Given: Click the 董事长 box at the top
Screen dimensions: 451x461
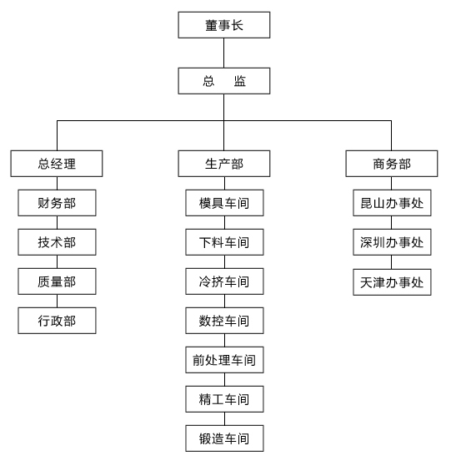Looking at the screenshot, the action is pos(224,25).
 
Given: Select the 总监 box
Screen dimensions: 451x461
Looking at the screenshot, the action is pos(224,81).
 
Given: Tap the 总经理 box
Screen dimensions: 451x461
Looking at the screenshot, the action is pos(57,164).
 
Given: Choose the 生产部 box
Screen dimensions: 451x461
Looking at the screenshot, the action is pos(224,164).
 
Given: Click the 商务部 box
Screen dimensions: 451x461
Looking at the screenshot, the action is pos(392,164).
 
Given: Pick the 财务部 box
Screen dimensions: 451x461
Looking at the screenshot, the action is pos(57,203).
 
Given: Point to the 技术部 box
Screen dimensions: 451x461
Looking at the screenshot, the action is pos(57,242).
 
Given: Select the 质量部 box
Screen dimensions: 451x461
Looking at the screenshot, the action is pos(57,281).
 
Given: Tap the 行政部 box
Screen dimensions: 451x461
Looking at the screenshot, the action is pos(57,321).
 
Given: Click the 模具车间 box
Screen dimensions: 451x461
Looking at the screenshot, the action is pos(224,203).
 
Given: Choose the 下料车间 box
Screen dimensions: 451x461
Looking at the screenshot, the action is pos(224,242).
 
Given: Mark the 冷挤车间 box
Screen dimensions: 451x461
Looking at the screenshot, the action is pos(224,281).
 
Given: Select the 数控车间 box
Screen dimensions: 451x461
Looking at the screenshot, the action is pos(224,321).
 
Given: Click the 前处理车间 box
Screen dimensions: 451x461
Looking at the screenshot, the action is pos(224,360).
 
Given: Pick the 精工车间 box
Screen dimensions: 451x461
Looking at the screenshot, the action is pos(224,399).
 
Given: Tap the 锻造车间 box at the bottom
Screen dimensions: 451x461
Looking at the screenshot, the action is pos(224,438).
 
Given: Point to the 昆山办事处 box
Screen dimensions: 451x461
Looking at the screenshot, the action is pos(392,203).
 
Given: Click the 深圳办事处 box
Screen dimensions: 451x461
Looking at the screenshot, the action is pos(392,242).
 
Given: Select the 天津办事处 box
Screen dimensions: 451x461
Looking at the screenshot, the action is pos(392,282).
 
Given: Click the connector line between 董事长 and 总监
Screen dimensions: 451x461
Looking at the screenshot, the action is pos(224,53).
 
